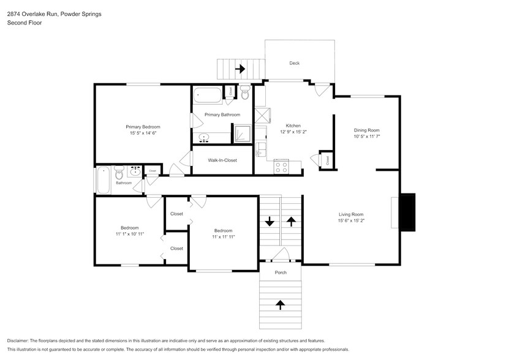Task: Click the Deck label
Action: point(295,63)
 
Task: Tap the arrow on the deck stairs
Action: point(240,69)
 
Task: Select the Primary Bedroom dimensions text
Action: point(143,133)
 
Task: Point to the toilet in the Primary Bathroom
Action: point(245,92)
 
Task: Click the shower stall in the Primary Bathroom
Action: point(242,133)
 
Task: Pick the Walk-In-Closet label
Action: point(222,160)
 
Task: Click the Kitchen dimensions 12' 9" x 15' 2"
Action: point(293,132)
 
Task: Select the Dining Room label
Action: point(366,130)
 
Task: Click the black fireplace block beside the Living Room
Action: point(408,212)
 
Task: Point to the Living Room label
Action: point(351,214)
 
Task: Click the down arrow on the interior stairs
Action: point(270,222)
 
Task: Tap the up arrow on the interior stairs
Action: point(291,222)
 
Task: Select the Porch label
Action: point(281,272)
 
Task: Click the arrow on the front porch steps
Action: point(280,305)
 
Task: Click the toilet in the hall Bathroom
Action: point(119,173)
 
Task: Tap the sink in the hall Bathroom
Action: point(135,171)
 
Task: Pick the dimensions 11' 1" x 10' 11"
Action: point(129,234)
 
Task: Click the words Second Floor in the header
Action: point(25,23)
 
